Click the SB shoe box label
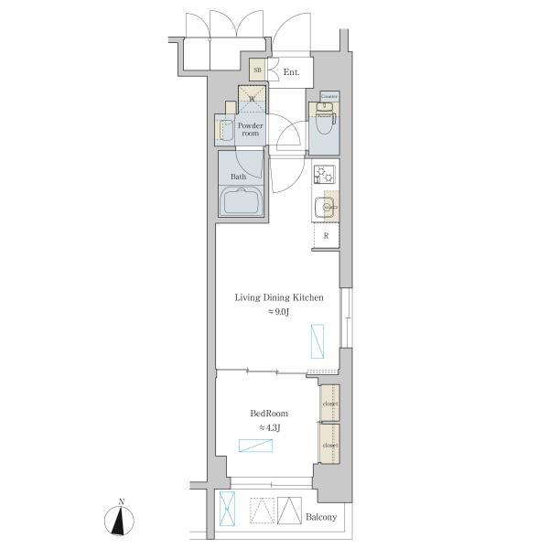(x=257, y=70)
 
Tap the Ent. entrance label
(x=292, y=71)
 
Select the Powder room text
(x=250, y=129)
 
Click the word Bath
(x=238, y=177)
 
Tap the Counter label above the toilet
(x=328, y=95)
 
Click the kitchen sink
(x=324, y=207)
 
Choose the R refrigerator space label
(x=325, y=235)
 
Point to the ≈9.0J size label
(x=279, y=313)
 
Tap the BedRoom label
(x=270, y=413)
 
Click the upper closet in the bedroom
(x=328, y=403)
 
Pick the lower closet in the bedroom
(x=328, y=446)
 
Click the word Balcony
(x=320, y=518)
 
